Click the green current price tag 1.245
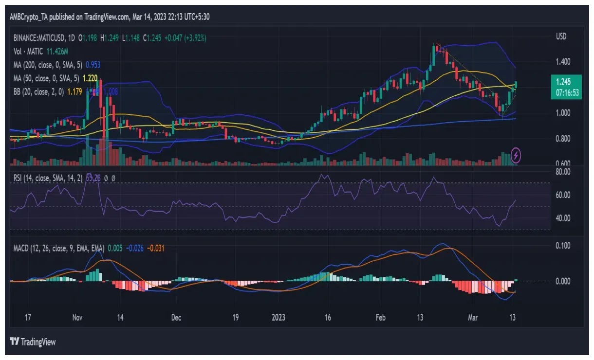[x=565, y=82]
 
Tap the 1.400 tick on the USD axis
[x=563, y=62]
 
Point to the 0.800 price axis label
[x=563, y=139]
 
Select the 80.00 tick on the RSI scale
[x=563, y=171]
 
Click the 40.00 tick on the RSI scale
[x=563, y=218]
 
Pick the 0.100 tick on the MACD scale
[x=563, y=246]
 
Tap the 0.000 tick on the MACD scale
[x=563, y=281]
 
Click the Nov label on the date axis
[x=77, y=318]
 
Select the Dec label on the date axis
[x=176, y=318]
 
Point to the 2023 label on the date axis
[x=279, y=318]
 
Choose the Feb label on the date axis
[x=381, y=318]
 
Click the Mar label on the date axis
[x=473, y=318]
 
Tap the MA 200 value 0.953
[x=93, y=64]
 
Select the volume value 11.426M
[x=57, y=51]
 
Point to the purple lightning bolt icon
[x=516, y=155]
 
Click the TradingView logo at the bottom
[x=33, y=342]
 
